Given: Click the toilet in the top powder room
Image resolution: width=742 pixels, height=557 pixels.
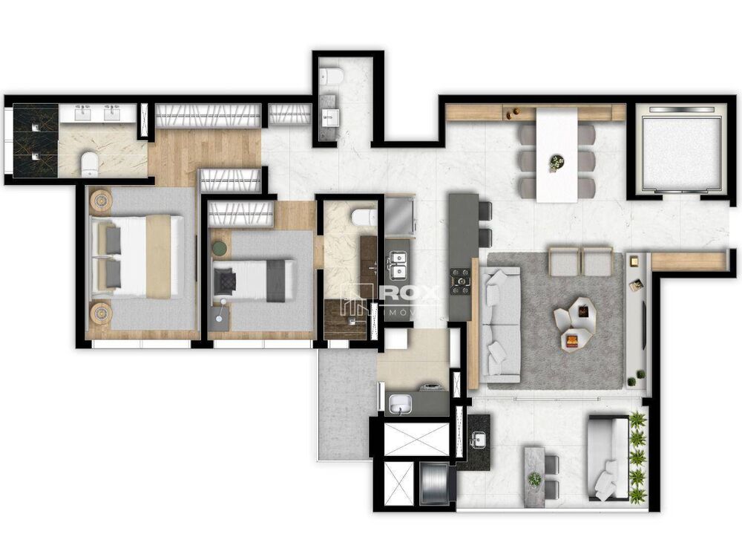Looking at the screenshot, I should tap(330, 76).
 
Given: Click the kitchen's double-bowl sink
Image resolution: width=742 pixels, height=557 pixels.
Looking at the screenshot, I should tap(398, 261).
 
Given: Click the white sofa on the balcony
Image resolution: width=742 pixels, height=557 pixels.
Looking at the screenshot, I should tap(606, 457).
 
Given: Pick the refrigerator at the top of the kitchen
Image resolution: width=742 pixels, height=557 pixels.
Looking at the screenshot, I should tap(400, 215).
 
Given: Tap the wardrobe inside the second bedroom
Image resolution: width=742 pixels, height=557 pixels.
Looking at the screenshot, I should tap(239, 214).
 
